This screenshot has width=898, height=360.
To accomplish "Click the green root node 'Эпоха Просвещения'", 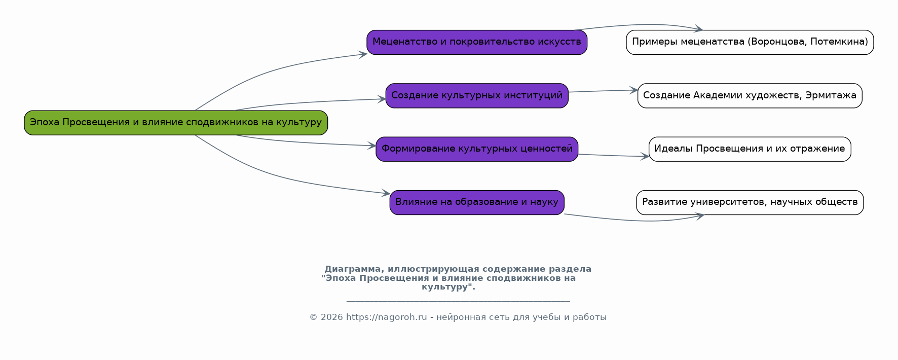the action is tap(176, 123).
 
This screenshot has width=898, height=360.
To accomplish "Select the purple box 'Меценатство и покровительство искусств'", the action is tap(477, 42).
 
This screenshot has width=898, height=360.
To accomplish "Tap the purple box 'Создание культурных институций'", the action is tap(477, 96).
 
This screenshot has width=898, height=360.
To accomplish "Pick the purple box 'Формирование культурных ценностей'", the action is tap(477, 149).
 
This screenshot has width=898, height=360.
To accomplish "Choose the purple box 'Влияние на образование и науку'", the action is tap(477, 202).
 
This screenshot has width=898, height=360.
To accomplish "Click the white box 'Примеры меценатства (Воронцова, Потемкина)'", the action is tap(750, 42).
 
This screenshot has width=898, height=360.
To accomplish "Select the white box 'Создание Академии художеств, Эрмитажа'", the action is tap(750, 96).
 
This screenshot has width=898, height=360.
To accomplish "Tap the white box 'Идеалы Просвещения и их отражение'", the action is tap(750, 149).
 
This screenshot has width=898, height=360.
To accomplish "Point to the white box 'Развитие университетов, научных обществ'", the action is tap(750, 202).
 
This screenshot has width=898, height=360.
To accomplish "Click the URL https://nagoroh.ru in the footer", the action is tap(387, 317).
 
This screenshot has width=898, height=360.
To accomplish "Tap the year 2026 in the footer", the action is tap(332, 317).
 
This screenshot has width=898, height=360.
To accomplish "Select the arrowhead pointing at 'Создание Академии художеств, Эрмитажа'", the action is tap(633, 90).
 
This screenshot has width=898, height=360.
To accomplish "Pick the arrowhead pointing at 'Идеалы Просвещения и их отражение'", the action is tap(645, 157).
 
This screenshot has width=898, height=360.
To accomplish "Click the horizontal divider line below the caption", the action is tap(458, 301).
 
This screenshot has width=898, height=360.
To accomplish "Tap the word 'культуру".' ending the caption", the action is tap(448, 287).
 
